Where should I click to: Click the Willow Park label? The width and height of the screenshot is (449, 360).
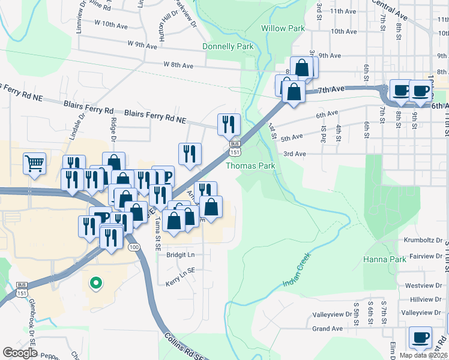coord(283,28)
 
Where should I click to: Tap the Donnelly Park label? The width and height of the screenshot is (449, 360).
coord(228,46)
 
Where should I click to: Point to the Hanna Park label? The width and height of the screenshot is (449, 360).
coord(385,260)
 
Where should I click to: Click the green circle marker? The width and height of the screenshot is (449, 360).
coord(95,283)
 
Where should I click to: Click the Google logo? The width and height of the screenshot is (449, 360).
coord(20,352)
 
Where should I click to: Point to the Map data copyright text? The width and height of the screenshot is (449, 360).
coord(423,355)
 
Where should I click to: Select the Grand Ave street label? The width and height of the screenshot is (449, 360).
coord(327,329)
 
